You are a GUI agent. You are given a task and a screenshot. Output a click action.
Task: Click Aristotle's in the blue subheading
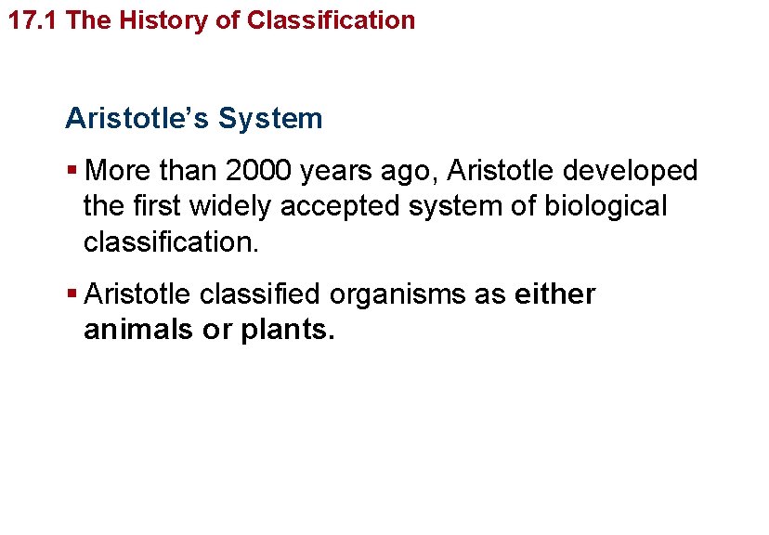coord(137,119)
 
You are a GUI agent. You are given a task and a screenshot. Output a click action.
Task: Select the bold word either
coord(554,294)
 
